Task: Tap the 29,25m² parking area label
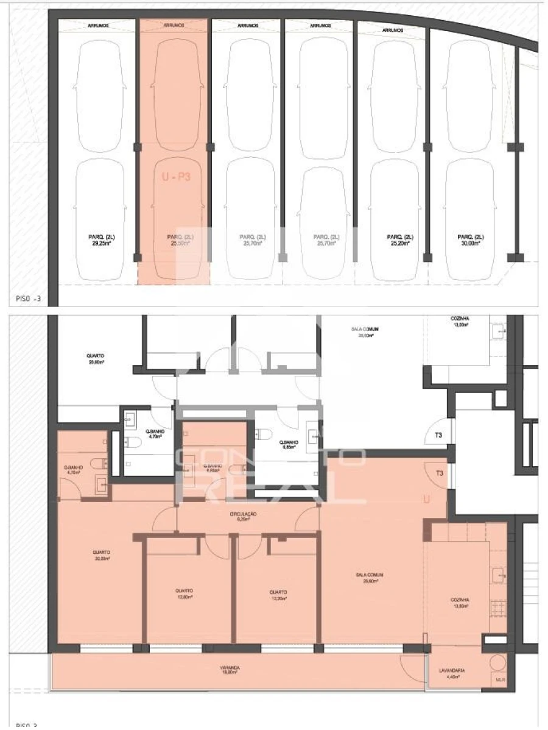(100, 239)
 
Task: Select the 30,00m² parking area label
(470, 239)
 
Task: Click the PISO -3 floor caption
(29, 299)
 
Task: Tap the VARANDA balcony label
(230, 670)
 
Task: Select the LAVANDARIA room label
(452, 673)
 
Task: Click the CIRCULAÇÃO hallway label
(243, 517)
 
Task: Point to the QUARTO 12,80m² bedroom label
(184, 594)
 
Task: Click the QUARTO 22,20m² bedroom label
(102, 555)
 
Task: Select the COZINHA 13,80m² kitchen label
(460, 603)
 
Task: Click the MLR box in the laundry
(500, 680)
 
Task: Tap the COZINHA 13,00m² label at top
(461, 321)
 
